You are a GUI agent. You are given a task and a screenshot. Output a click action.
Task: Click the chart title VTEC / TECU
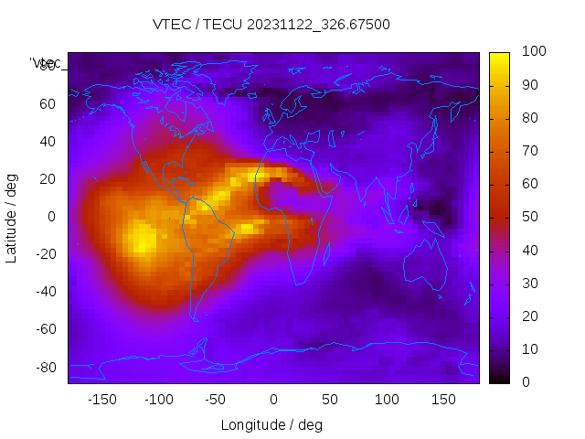click(x=197, y=25)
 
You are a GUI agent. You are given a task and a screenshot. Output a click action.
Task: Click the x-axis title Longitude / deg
click(x=271, y=424)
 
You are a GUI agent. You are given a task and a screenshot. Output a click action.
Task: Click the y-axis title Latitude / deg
click(x=12, y=217)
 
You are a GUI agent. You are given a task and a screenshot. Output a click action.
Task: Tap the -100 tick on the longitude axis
click(x=159, y=400)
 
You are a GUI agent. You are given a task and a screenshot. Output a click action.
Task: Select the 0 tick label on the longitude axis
click(x=272, y=400)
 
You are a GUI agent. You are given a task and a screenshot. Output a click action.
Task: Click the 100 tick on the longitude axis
click(x=387, y=400)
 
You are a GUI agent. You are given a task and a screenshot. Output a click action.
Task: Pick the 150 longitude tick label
click(x=443, y=400)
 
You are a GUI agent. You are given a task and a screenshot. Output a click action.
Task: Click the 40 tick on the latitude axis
click(x=48, y=142)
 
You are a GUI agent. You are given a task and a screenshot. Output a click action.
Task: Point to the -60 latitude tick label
click(x=45, y=329)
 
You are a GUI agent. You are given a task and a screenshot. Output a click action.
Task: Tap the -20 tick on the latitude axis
click(x=45, y=254)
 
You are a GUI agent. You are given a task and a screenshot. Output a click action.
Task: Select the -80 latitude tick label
click(x=45, y=367)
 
